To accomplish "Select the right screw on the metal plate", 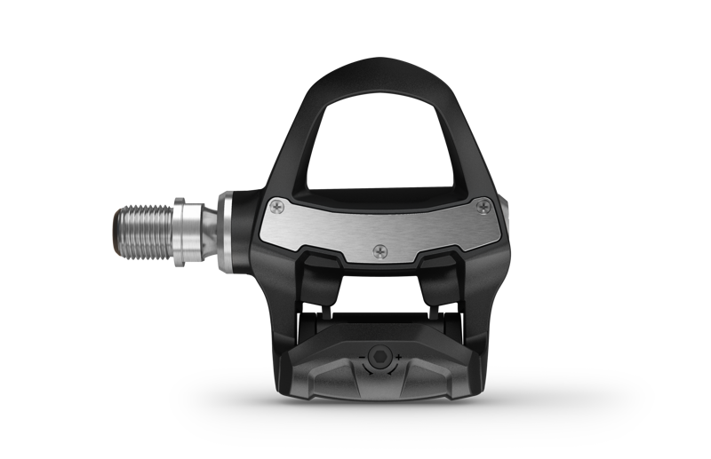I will pyautogui.click(x=483, y=206).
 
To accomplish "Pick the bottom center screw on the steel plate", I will pyautogui.click(x=381, y=250).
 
